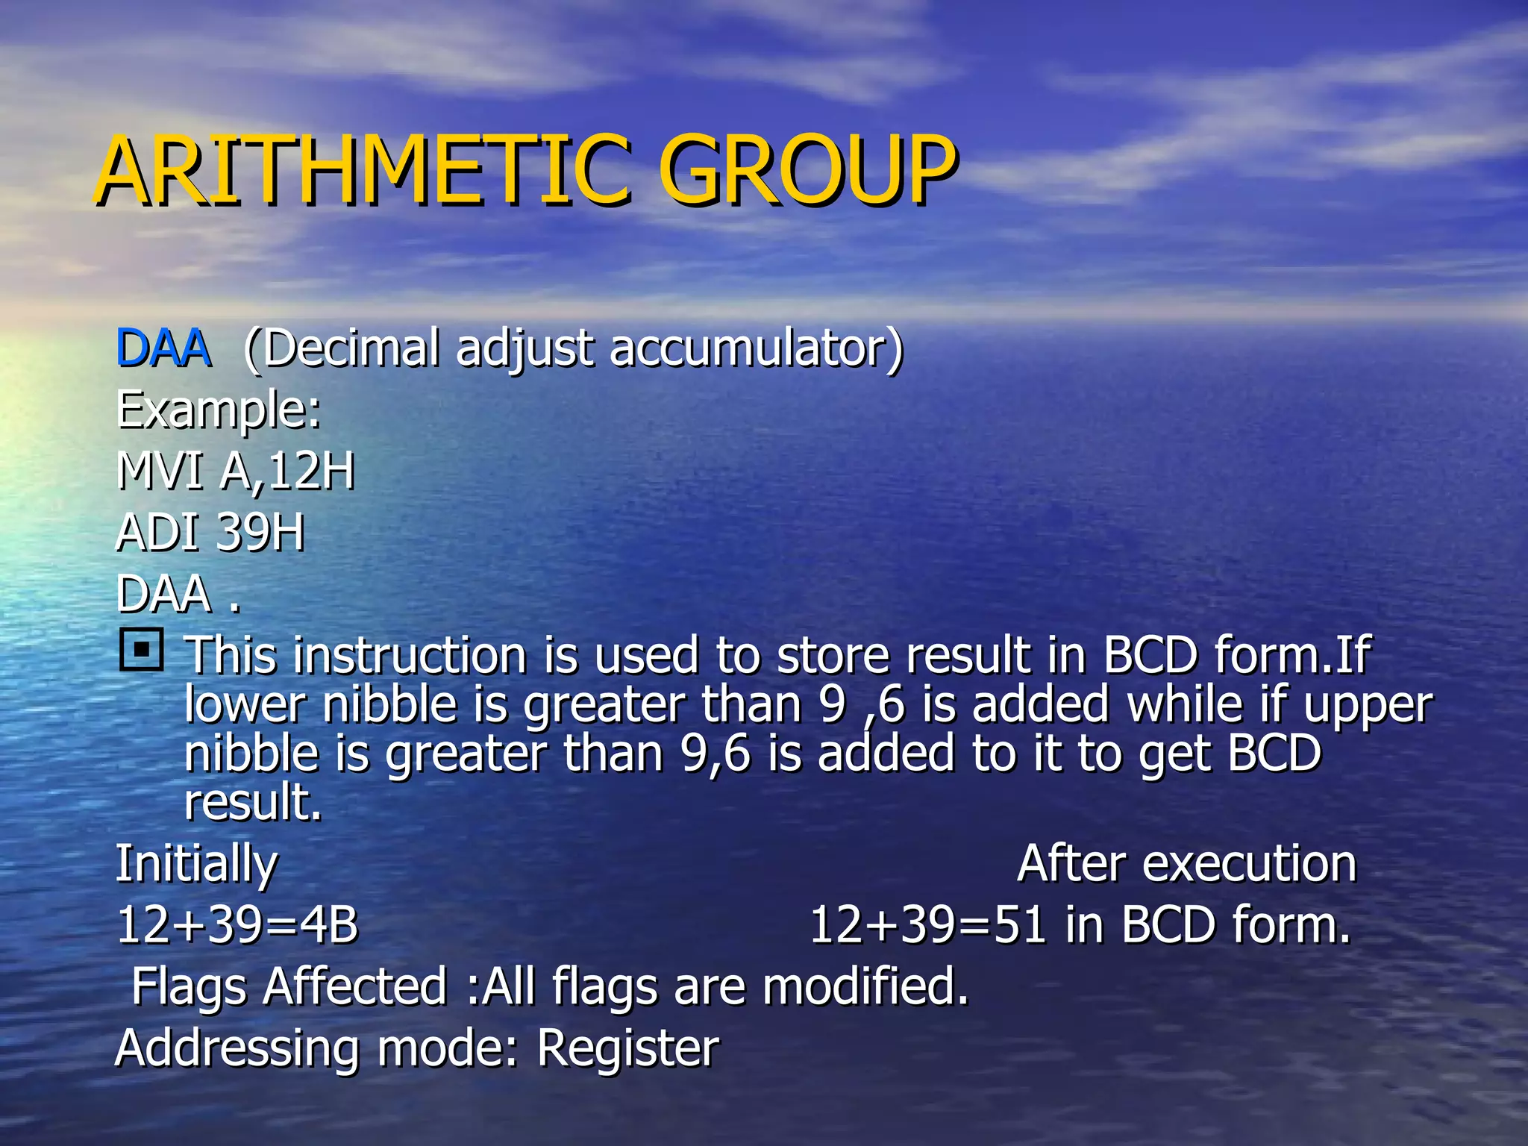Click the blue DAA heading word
click(x=163, y=348)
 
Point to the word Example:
click(x=219, y=411)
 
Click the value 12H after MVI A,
click(x=311, y=472)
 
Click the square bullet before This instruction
click(x=141, y=650)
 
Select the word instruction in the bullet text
click(x=410, y=656)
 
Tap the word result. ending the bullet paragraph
click(x=253, y=802)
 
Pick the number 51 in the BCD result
click(x=1020, y=925)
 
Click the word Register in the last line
click(x=628, y=1048)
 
